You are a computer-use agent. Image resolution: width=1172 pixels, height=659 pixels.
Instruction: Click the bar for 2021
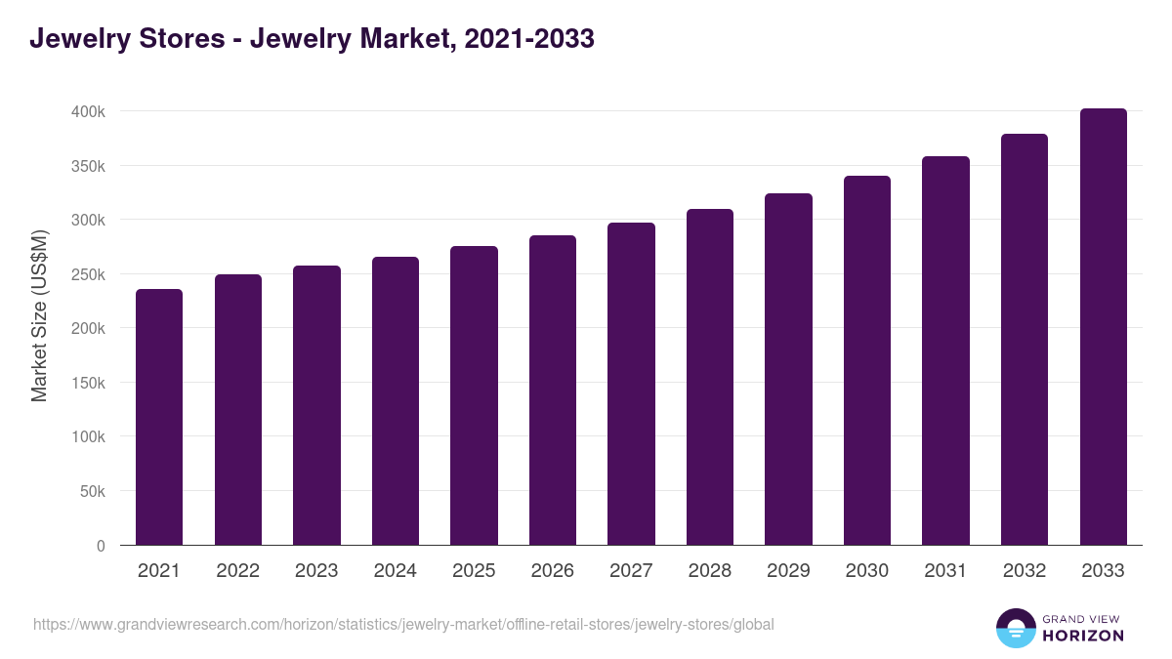(159, 417)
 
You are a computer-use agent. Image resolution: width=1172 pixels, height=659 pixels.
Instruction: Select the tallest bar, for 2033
(1103, 327)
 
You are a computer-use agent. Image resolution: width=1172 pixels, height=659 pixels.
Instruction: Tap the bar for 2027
(631, 384)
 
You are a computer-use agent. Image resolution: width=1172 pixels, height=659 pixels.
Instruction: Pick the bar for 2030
(867, 360)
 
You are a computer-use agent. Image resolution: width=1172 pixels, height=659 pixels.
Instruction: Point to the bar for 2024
(396, 400)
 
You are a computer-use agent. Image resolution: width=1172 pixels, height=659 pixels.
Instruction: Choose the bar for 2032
(1025, 340)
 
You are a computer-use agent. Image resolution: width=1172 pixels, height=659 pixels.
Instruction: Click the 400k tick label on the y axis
(88, 112)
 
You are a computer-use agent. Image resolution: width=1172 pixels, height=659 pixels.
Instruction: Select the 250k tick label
(88, 274)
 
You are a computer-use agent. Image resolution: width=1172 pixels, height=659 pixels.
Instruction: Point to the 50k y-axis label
(92, 491)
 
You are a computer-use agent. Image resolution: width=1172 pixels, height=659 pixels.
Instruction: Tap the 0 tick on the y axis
(101, 546)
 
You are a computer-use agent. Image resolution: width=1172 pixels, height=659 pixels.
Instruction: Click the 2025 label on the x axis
(474, 571)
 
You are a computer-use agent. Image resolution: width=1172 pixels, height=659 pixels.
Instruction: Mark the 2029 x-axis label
(788, 571)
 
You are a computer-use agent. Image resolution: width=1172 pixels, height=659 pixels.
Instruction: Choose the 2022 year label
(237, 571)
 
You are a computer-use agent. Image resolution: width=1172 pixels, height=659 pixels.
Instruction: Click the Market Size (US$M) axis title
(39, 315)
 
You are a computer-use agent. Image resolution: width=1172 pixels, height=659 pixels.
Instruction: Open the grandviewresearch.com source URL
(403, 624)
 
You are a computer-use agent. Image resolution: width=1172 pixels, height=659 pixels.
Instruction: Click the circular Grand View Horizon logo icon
(1015, 628)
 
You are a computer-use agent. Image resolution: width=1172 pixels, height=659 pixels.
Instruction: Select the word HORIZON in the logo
(1083, 636)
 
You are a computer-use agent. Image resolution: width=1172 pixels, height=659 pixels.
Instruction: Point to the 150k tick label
(88, 383)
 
